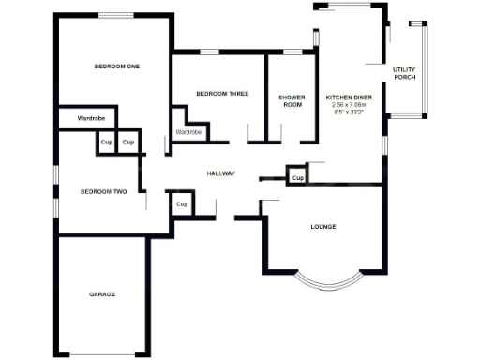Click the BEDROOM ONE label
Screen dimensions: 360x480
click(116, 66)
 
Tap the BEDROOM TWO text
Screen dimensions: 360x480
click(103, 191)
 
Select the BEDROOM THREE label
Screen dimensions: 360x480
click(222, 93)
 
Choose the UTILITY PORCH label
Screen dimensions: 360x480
click(404, 73)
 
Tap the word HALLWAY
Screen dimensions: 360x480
click(221, 173)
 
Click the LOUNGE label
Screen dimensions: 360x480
click(323, 227)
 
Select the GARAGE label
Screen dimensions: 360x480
click(102, 294)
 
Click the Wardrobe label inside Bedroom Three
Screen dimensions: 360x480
click(188, 133)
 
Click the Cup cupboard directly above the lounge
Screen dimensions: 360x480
click(297, 177)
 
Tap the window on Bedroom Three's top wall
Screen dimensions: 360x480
click(209, 52)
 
